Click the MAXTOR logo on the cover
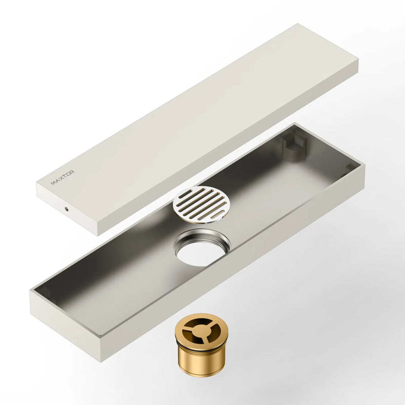tap(62, 178)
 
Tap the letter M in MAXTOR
tap(53, 183)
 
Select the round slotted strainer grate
tap(202, 204)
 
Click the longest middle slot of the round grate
tap(202, 204)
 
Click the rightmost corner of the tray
tap(364, 166)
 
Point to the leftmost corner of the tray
tap(30, 292)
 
